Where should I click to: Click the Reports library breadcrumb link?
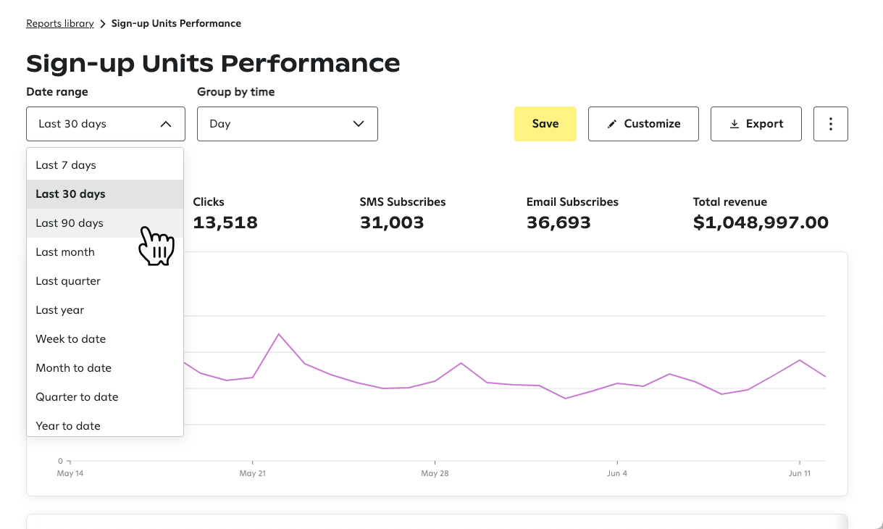coord(60,23)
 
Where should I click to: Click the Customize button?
coord(643,124)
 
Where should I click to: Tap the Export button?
coord(756,124)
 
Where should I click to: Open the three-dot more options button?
coord(830,124)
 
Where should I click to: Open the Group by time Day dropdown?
coord(287,124)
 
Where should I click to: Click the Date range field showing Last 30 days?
coord(106,124)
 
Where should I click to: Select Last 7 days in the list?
coord(66,165)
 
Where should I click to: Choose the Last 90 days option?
coord(70,223)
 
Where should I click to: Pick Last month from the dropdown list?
coord(65,252)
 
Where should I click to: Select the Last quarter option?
coord(68,281)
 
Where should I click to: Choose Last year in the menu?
coord(60,310)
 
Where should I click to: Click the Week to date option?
coord(71,339)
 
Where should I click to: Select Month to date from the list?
coord(74,368)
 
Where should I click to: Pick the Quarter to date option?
coord(77,397)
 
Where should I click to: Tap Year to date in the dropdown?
coord(68,425)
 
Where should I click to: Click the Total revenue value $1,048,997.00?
coord(760,222)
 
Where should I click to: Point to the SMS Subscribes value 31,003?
coord(391,222)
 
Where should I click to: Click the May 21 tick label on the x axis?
coord(252,473)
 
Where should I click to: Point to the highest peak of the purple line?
coord(279,334)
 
